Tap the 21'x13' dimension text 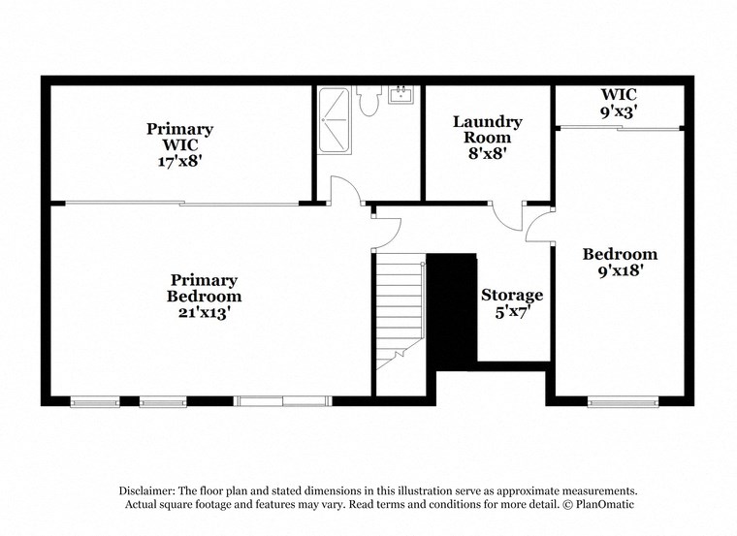click(x=204, y=313)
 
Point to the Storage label click(x=512, y=295)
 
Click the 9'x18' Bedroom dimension click(x=620, y=271)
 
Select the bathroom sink click(x=400, y=94)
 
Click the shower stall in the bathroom click(x=335, y=115)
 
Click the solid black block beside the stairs click(x=452, y=310)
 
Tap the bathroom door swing click(x=342, y=191)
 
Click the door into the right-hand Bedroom click(x=539, y=226)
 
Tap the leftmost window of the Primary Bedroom click(x=95, y=400)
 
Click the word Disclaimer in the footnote click(x=150, y=491)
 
